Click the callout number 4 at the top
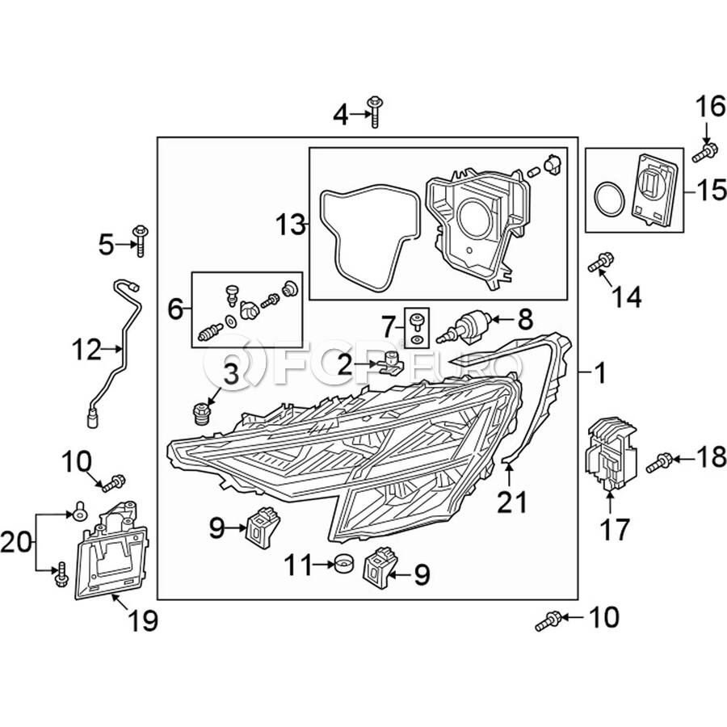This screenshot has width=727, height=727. coord(341,115)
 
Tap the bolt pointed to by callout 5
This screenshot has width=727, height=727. coord(139,240)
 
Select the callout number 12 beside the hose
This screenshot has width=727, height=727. coord(86,349)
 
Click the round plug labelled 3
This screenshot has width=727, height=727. coord(201,414)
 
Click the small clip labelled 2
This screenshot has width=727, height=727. coord(390,363)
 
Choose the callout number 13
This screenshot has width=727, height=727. coord(290,225)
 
